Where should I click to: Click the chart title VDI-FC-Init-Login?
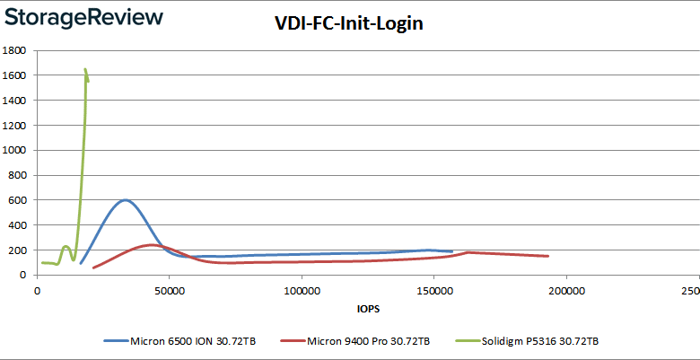click(349, 24)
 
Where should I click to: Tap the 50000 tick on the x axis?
click(169, 291)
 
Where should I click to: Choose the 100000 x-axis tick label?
click(302, 291)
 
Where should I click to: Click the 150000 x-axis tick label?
click(433, 291)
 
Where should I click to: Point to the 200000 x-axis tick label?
click(565, 291)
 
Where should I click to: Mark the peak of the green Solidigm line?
click(85, 69)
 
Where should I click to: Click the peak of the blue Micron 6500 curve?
click(125, 200)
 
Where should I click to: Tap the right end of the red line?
click(547, 256)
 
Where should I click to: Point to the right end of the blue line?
click(452, 252)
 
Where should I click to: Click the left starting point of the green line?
click(42, 263)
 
